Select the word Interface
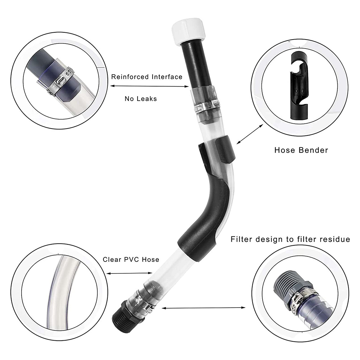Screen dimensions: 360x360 pyautogui.click(x=167, y=77)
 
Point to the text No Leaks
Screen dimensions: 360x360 pyautogui.click(x=141, y=99)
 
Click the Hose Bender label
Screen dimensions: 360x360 pyautogui.click(x=301, y=150)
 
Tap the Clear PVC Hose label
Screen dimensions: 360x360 pyautogui.click(x=131, y=259)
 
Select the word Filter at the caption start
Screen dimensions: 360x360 pyautogui.click(x=241, y=239)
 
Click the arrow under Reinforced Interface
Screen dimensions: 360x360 pyautogui.click(x=149, y=86)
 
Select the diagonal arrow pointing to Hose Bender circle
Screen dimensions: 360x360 pyautogui.click(x=250, y=134)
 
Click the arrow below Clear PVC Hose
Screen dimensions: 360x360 pyautogui.click(x=130, y=273)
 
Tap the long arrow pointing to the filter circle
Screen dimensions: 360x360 pyautogui.click(x=204, y=308)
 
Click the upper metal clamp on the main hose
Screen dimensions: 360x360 pyautogui.click(x=205, y=105)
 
